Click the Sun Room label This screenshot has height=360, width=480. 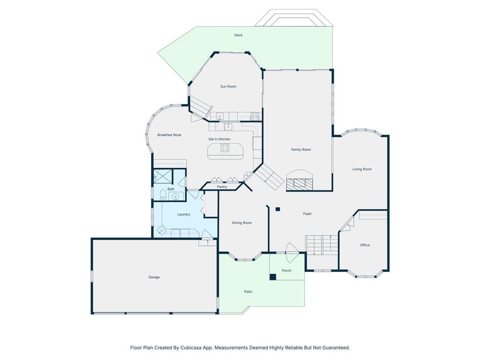(x=228, y=87)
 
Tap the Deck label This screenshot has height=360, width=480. (x=238, y=35)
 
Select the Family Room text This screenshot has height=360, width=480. (x=301, y=150)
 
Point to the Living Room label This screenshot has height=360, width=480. (x=362, y=169)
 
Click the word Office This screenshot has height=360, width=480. (x=365, y=245)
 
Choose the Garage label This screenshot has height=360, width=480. (x=154, y=277)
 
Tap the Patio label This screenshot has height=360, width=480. (x=248, y=292)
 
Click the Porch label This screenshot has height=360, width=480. (x=286, y=270)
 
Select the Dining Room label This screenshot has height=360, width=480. (x=242, y=223)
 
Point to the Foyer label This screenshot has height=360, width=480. (x=307, y=214)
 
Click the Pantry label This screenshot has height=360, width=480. (x=222, y=187)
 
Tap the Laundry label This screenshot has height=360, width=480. (x=184, y=215)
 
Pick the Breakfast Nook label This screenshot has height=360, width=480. (x=169, y=135)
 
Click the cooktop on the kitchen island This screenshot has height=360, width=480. (x=225, y=148)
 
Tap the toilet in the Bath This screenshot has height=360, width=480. (x=163, y=195)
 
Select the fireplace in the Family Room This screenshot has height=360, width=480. (x=300, y=181)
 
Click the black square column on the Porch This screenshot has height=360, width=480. (x=273, y=277)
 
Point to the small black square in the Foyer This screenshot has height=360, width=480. (x=277, y=210)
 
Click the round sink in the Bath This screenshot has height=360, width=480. (x=176, y=196)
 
